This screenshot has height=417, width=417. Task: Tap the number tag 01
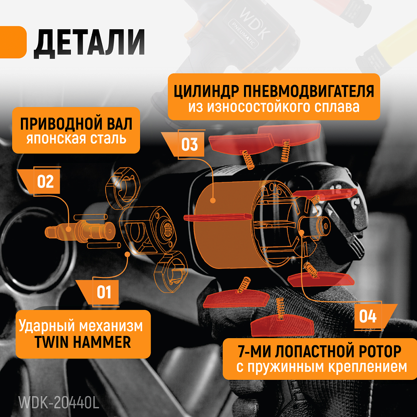click(x=104, y=292)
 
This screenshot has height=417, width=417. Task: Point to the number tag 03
click(x=189, y=144)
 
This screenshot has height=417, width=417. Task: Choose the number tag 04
click(x=368, y=316)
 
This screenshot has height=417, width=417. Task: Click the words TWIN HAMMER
click(x=82, y=342)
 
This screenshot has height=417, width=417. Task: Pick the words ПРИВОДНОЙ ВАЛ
click(x=76, y=124)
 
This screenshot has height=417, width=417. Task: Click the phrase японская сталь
click(x=76, y=138)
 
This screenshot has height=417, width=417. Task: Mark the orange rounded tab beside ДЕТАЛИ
click(x=13, y=43)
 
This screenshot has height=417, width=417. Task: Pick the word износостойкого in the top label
click(x=243, y=107)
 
